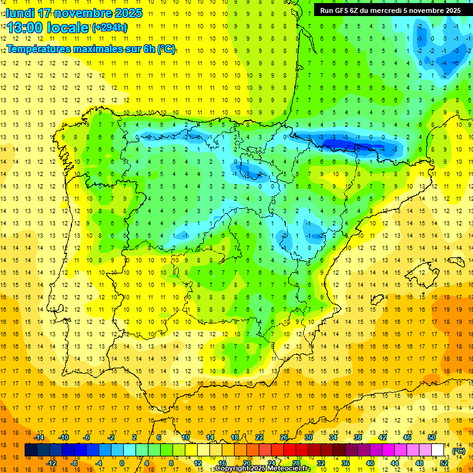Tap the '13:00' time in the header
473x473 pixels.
coord(25,28)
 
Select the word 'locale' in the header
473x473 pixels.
coord(67,28)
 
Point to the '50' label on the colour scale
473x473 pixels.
coord(432,437)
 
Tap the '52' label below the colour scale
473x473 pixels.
coord(444,463)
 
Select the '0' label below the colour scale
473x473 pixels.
coord(123,463)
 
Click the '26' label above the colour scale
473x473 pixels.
coord(284,437)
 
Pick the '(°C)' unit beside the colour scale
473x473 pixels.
coord(459,451)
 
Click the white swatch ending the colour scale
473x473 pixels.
coord(438,450)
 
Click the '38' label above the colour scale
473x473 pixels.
coord(358,437)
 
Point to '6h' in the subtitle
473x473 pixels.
coord(147,49)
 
